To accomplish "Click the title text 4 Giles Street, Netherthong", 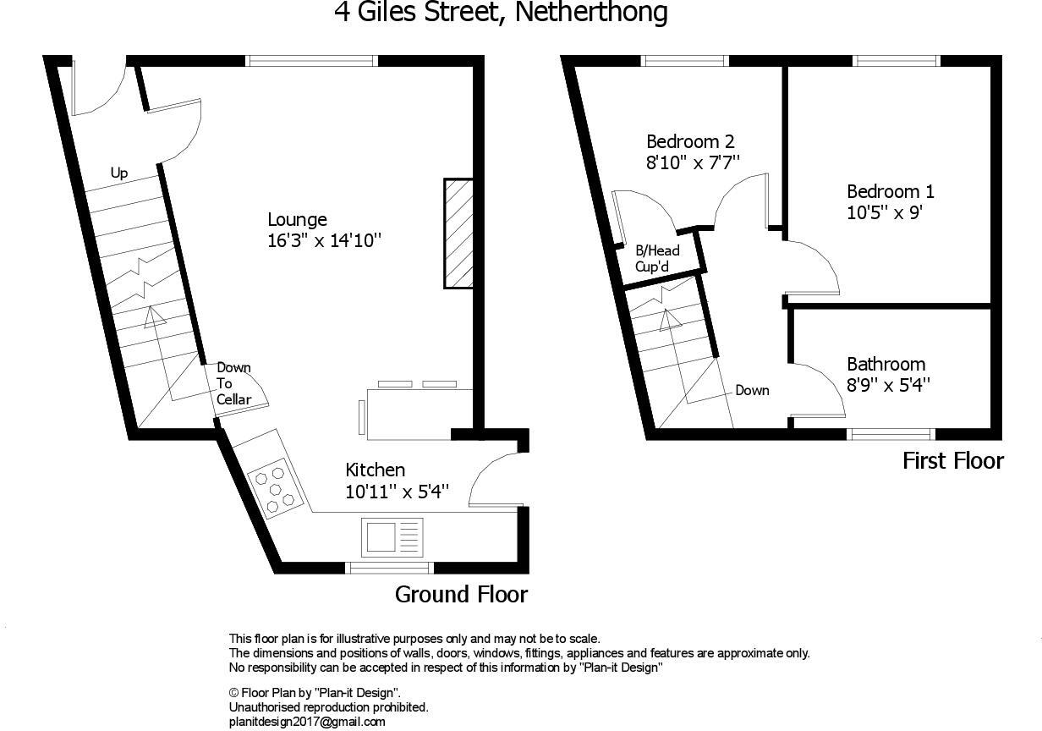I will [501, 13].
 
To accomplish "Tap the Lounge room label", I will [297, 220].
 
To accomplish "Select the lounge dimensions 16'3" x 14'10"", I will [325, 241].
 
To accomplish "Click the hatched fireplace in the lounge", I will [458, 233].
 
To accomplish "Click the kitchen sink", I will [392, 536].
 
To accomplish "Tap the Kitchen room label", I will [376, 470].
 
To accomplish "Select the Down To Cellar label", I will [233, 383].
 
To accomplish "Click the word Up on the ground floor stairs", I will [119, 173].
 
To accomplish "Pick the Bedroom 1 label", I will [891, 192].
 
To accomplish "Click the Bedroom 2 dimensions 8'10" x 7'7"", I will [694, 162].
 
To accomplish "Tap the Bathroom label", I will [886, 365].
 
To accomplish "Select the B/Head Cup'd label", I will [658, 258].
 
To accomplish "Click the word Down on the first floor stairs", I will [752, 390].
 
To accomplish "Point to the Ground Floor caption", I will [462, 595].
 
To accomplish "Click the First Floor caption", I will [953, 461].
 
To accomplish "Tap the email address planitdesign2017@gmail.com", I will [307, 722].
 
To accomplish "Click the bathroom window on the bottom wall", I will [891, 434].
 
